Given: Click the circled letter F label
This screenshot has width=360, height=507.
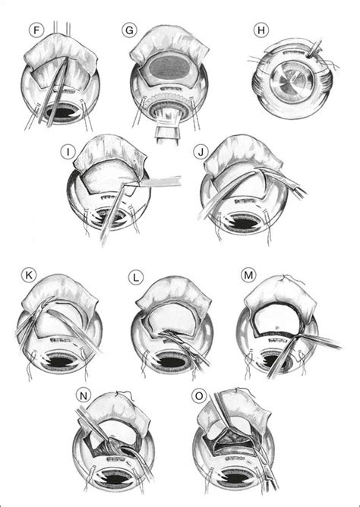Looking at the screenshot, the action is tap(36, 31).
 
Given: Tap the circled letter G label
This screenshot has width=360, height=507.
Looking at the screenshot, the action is tap(129, 30).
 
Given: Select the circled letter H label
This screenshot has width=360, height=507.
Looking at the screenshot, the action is tap(261, 30).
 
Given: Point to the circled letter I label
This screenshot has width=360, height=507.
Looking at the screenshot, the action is tap(68, 152).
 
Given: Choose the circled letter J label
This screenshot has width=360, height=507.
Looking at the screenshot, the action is tap(201, 152).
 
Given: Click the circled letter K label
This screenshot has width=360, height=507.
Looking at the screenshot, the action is tap(28, 276).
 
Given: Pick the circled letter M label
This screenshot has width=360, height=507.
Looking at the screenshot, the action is tap(248, 276).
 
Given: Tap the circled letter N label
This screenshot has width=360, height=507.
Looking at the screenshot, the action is tap(83, 396).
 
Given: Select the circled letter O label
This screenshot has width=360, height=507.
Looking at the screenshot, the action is tap(198, 396).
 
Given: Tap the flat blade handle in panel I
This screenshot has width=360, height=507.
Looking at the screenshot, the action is tap(161, 181).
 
